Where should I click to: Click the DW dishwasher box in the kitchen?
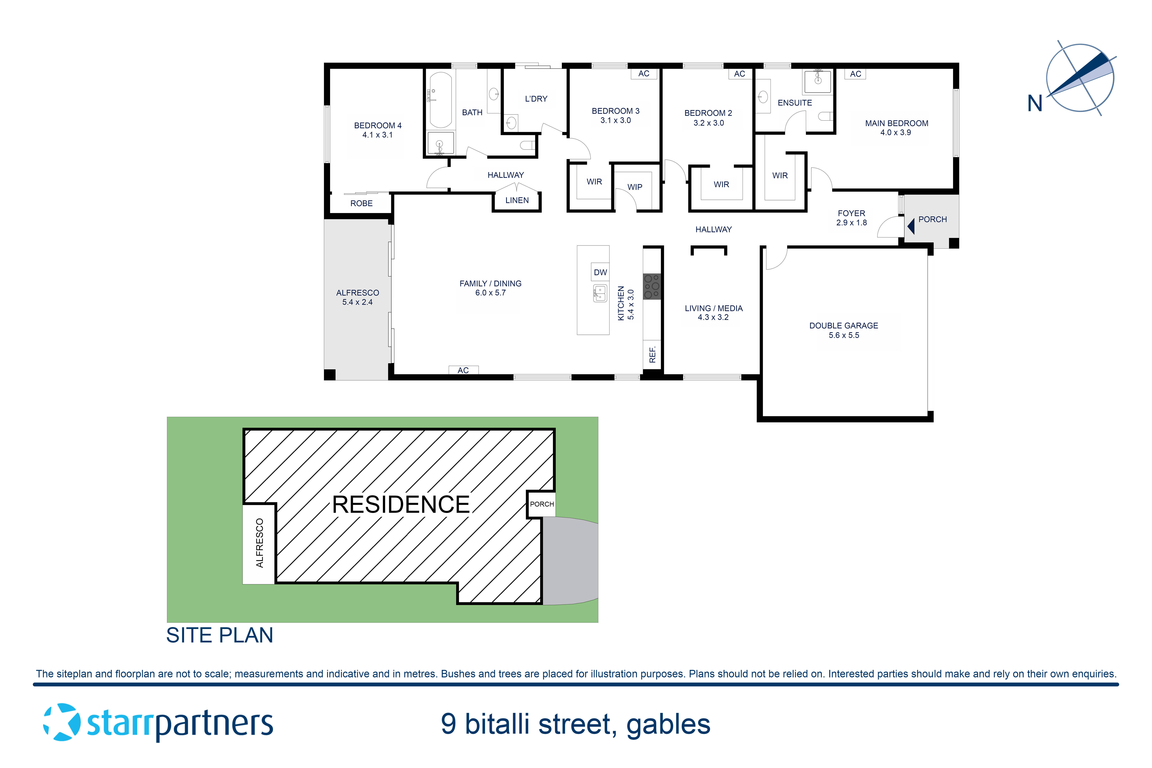click(x=600, y=272)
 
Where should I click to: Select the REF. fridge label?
click(x=652, y=354)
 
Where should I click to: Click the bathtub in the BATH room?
click(x=440, y=100)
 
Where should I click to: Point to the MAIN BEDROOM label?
click(x=896, y=123)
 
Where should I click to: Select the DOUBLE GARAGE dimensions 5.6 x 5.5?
click(x=843, y=335)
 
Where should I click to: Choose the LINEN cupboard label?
click(x=517, y=200)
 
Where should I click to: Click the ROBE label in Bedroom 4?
click(x=361, y=203)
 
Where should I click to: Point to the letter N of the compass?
click(x=1034, y=103)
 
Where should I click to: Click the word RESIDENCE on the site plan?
click(x=401, y=505)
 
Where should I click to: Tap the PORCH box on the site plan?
click(x=542, y=504)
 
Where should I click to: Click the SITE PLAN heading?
click(x=219, y=635)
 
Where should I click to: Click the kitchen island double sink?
click(x=600, y=293)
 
